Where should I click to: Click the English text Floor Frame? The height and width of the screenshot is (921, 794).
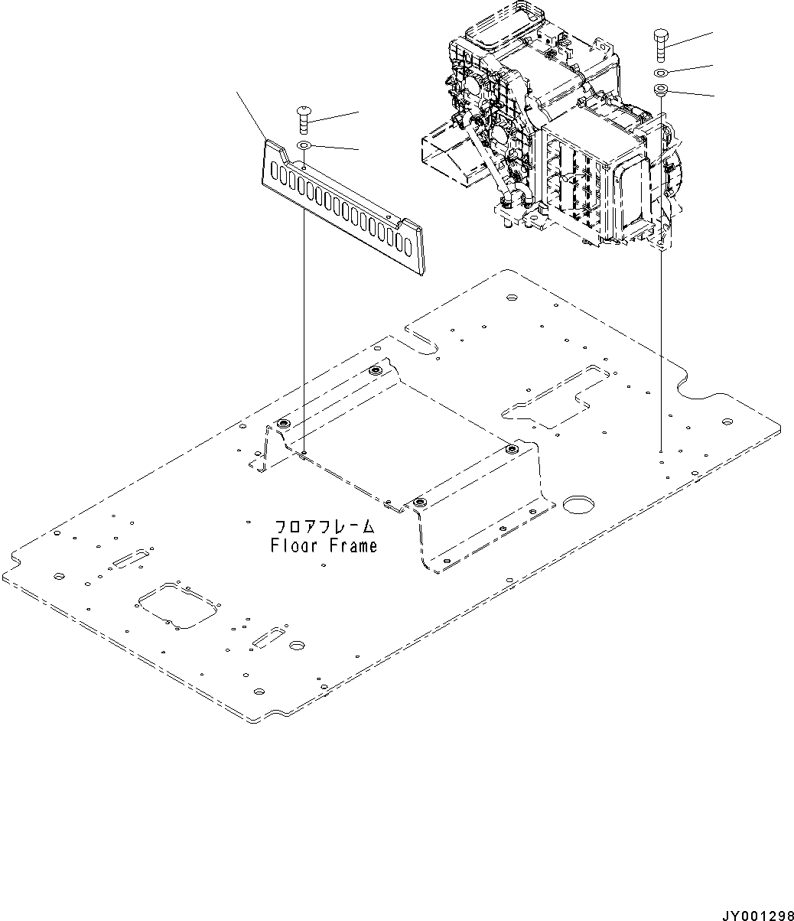point(324,546)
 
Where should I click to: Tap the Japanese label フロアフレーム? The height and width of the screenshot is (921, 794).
point(324,527)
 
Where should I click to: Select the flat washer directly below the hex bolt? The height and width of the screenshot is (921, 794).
point(661,73)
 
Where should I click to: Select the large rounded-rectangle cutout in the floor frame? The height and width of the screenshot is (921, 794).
point(175,605)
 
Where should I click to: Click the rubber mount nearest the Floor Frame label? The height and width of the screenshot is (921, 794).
point(418,503)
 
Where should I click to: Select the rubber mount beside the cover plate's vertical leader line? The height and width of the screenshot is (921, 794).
point(284,424)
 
